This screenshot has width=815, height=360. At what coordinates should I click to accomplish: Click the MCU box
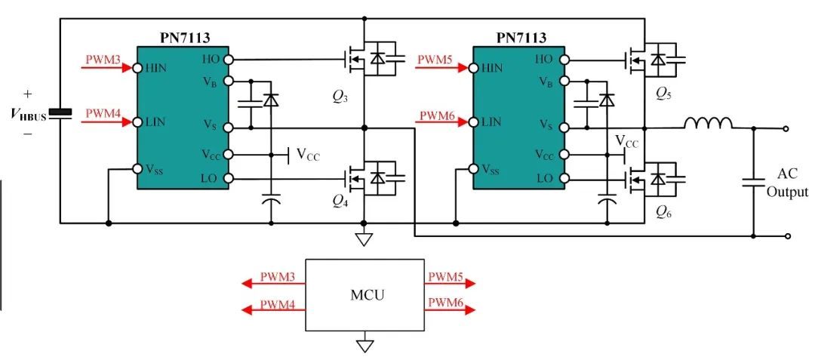click(x=365, y=294)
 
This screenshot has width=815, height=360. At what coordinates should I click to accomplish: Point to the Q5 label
click(x=664, y=93)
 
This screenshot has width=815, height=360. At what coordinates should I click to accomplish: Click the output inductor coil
click(x=709, y=122)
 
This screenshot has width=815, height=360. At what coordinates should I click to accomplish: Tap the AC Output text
click(x=788, y=183)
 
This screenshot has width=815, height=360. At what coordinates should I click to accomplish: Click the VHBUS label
click(x=29, y=115)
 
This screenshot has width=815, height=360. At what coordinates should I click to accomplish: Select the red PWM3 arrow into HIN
click(x=107, y=67)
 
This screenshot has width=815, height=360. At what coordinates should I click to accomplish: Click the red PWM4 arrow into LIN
click(x=107, y=122)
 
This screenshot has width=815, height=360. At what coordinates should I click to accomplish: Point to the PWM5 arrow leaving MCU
click(x=450, y=283)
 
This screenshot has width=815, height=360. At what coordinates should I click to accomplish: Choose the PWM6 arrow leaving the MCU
click(x=450, y=310)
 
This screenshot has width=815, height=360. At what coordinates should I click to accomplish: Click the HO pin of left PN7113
click(x=228, y=60)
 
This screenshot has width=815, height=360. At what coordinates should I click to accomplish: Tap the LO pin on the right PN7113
click(x=564, y=179)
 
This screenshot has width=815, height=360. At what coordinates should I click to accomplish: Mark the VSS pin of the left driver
click(x=137, y=169)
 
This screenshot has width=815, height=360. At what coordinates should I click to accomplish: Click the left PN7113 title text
click(x=186, y=38)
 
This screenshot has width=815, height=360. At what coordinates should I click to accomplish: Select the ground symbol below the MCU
click(x=364, y=346)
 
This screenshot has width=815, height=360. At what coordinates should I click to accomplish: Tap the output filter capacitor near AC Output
click(x=754, y=182)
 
